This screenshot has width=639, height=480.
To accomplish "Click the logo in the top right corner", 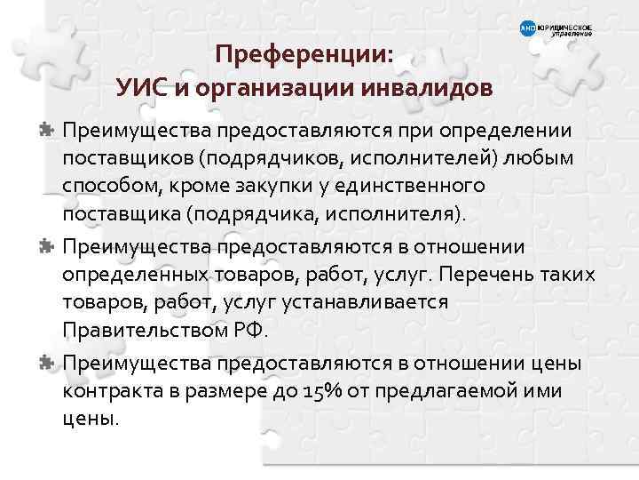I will click(x=555, y=29).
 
